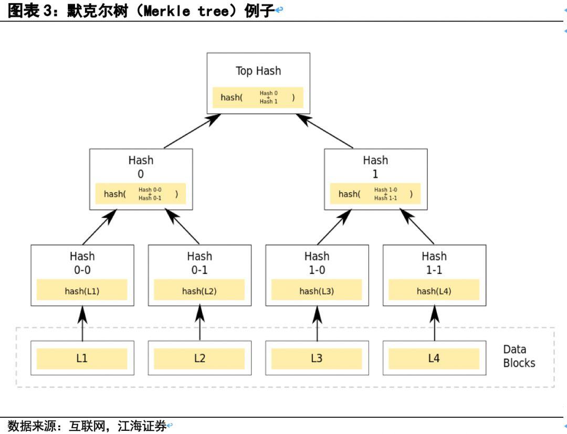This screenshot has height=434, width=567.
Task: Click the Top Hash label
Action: pyautogui.click(x=258, y=71)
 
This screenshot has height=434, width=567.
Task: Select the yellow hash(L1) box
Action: pyautogui.click(x=82, y=290)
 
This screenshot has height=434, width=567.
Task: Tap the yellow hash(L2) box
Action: pyautogui.click(x=199, y=290)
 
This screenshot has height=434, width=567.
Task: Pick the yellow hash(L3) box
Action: pyautogui.click(x=317, y=290)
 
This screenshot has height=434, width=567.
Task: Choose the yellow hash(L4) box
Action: pyautogui.click(x=434, y=290)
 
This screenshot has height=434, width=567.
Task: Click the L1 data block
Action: pyautogui.click(x=82, y=358)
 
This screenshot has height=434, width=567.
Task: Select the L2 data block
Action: pyautogui.click(x=199, y=358)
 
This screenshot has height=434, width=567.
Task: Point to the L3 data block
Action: pyautogui.click(x=317, y=358)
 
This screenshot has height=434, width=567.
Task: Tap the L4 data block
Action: pyautogui.click(x=434, y=358)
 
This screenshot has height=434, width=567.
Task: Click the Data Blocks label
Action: pyautogui.click(x=519, y=356)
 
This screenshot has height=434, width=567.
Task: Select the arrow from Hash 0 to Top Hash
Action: pyautogui.click(x=192, y=131)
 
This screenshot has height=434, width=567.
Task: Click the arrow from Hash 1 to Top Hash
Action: pyautogui.click(x=324, y=131)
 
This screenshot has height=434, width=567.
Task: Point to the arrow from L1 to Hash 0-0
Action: pyautogui.click(x=82, y=323)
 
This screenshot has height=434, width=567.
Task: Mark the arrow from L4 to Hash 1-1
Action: pyautogui.click(x=435, y=323)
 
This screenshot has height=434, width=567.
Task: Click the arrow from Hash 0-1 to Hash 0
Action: pyautogui.click(x=182, y=227)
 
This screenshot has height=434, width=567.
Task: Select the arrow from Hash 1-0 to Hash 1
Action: pyautogui.click(x=334, y=227)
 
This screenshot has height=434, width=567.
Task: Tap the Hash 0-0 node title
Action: pyautogui.click(x=82, y=263)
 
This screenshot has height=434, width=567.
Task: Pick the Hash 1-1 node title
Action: pyautogui.click(x=434, y=263)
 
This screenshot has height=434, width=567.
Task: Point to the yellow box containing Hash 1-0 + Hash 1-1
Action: pyautogui.click(x=375, y=194)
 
